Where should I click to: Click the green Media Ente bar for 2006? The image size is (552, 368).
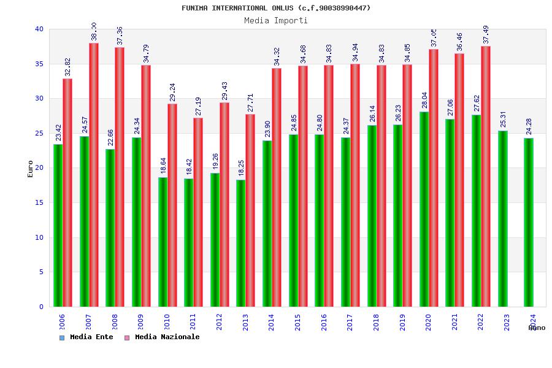pyautogui.click(x=58, y=225)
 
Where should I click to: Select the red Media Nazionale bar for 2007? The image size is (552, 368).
pyautogui.click(x=94, y=175)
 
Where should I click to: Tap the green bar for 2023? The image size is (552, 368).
pyautogui.click(x=503, y=218)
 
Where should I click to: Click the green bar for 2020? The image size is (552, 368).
pyautogui.click(x=424, y=209)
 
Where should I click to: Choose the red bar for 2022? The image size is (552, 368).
pyautogui.click(x=486, y=176)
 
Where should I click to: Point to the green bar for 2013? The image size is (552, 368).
pyautogui.click(x=241, y=243)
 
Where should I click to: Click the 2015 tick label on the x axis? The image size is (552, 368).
pyautogui.click(x=298, y=322)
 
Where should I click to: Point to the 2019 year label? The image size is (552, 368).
pyautogui.click(x=403, y=322)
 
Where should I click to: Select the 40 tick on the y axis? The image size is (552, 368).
pyautogui.click(x=39, y=29)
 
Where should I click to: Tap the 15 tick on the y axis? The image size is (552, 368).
pyautogui.click(x=39, y=202)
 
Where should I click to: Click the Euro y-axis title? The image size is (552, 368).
pyautogui.click(x=30, y=169)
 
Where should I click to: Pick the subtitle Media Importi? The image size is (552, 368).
pyautogui.click(x=276, y=20)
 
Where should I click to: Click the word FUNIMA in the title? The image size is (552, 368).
pyautogui.click(x=194, y=8)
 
